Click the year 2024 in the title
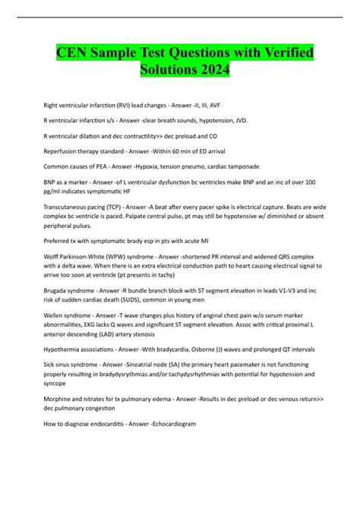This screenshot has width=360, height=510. (x=210, y=71)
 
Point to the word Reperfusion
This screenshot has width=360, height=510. (x=62, y=153)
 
